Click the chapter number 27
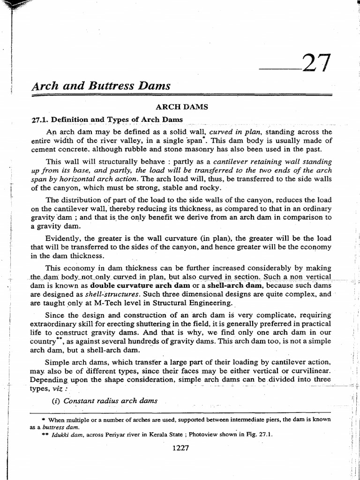[316, 64]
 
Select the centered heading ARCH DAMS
[181, 107]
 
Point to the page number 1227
[180, 448]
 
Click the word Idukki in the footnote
[60, 434]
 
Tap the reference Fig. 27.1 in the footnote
[259, 434]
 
